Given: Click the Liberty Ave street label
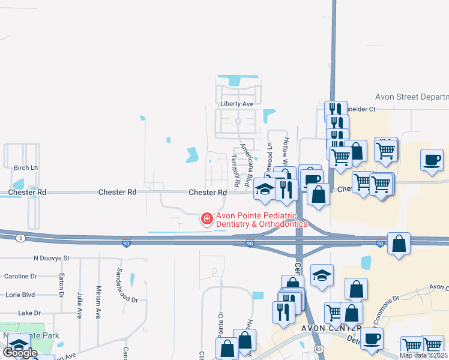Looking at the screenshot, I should (x=237, y=104).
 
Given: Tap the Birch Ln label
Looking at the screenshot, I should (x=25, y=168).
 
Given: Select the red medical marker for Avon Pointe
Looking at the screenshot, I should (x=207, y=219).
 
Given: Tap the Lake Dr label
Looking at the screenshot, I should (x=29, y=313).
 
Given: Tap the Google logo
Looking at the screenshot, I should (x=19, y=353).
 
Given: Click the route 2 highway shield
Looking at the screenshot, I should (x=21, y=238).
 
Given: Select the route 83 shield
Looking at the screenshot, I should (x=318, y=348).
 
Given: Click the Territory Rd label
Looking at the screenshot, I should (x=236, y=169).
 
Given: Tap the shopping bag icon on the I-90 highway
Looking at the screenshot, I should (x=399, y=244).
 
